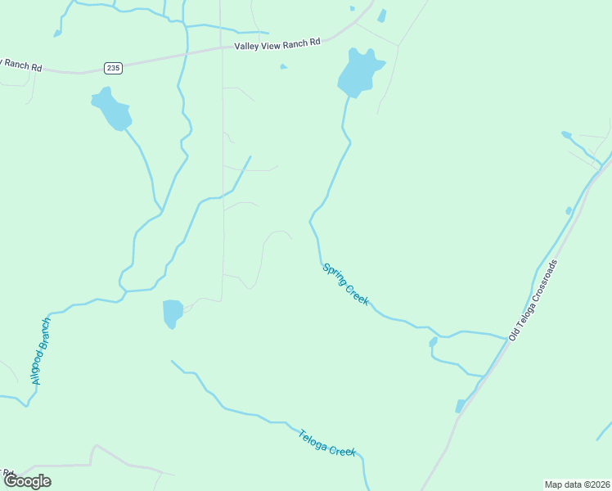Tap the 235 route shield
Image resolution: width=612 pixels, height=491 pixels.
tap(114, 68)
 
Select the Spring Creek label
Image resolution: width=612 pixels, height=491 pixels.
tap(346, 285)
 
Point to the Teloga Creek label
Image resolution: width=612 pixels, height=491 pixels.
tap(326, 443)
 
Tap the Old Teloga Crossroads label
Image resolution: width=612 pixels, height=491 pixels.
tap(533, 300)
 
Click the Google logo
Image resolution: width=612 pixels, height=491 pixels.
tap(26, 481)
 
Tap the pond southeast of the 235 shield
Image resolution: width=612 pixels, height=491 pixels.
tap(110, 107)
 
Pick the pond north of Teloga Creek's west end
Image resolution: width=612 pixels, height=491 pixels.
tap(173, 313)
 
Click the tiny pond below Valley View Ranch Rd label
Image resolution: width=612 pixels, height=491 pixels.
tap(283, 66)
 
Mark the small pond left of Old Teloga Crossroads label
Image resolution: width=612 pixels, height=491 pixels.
tap(434, 342)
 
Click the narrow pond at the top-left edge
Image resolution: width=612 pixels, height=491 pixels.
tap(57, 34)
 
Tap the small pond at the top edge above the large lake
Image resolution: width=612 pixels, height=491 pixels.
tap(381, 16)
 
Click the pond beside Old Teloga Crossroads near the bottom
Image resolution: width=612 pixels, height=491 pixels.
tap(460, 406)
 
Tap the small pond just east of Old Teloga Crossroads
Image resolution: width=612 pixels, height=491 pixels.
tap(569, 210)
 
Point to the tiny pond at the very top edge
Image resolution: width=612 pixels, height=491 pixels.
tap(352, 8)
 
